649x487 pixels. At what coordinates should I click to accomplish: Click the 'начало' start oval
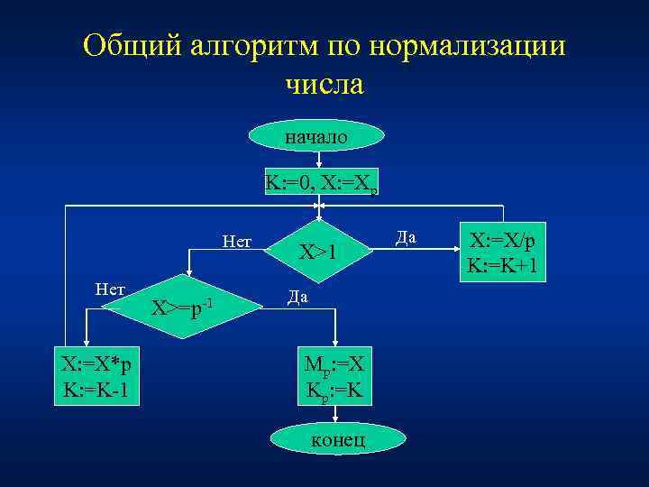click(x=318, y=136)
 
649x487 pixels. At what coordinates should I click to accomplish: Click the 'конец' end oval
click(x=337, y=439)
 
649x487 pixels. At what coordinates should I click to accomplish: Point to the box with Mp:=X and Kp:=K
click(x=335, y=378)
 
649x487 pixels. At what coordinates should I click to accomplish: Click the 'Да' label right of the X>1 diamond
click(x=405, y=237)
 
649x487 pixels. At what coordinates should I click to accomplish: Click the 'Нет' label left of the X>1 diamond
click(x=236, y=241)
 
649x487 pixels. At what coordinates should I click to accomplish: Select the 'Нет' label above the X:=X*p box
click(x=109, y=289)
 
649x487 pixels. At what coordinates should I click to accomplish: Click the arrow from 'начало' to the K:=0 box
click(x=319, y=160)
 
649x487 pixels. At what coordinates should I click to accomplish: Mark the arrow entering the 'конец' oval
click(x=335, y=415)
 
